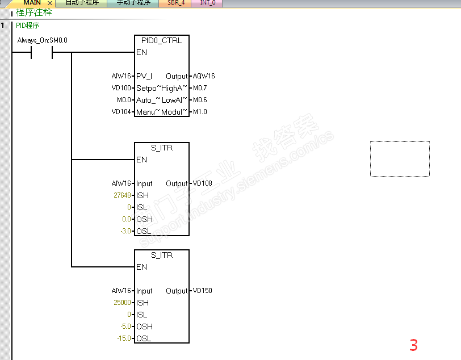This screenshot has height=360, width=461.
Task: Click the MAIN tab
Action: click(32, 3)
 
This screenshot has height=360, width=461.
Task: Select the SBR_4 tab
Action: click(176, 3)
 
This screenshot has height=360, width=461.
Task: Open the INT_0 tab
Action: click(207, 3)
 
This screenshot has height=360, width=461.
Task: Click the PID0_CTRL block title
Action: click(162, 40)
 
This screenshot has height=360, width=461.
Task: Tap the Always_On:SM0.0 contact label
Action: click(43, 40)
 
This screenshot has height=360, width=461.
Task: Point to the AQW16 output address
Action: click(204, 76)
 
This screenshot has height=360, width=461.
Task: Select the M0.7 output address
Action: click(200, 88)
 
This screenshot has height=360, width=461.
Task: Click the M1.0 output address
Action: click(200, 112)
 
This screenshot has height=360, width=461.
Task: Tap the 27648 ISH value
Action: click(123, 195)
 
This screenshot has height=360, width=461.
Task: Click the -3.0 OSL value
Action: click(125, 231)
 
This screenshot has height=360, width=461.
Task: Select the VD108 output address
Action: click(202, 183)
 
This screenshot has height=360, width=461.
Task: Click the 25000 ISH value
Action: click(123, 303)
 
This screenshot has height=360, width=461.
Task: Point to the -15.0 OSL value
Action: click(124, 338)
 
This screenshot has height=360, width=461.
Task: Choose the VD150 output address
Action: click(202, 291)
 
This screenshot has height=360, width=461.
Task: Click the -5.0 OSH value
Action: click(125, 326)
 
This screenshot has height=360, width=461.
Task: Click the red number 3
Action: click(413, 345)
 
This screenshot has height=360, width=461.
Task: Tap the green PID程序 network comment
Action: click(28, 26)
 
